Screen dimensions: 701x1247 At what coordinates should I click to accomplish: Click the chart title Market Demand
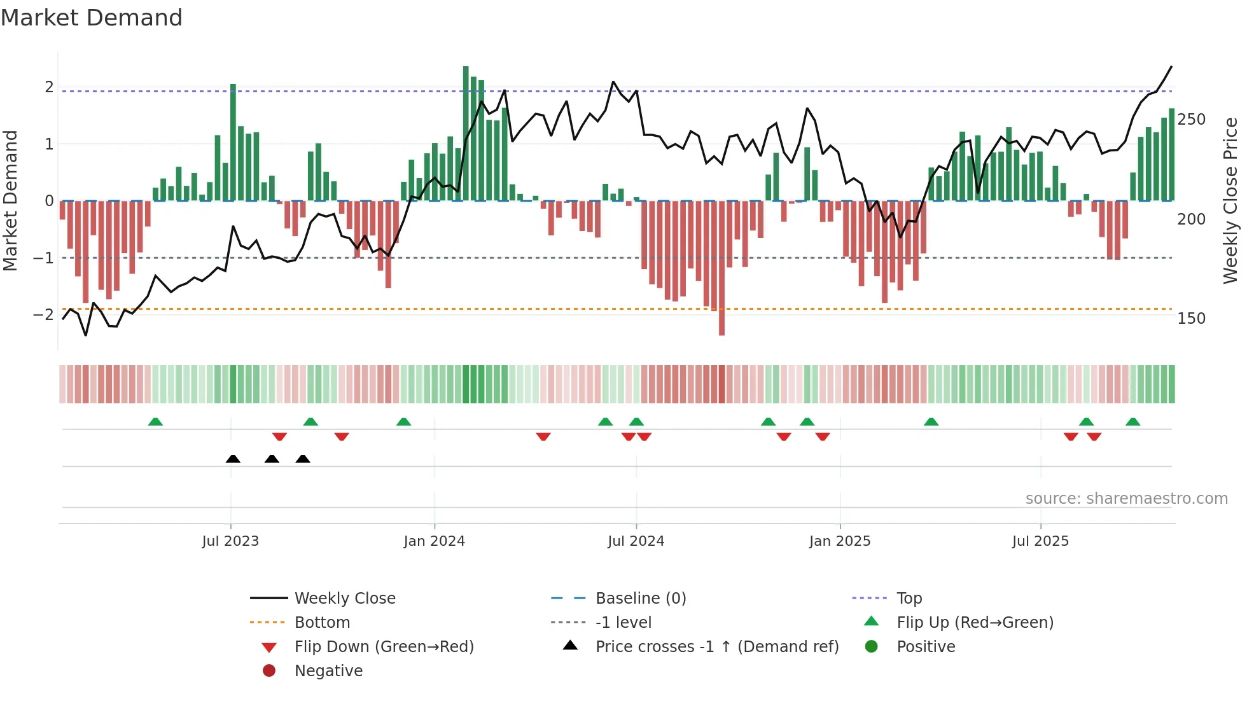tap(92, 17)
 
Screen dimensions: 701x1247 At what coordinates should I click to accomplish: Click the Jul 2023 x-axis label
tap(230, 541)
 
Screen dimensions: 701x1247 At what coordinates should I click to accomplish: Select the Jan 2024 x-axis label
tap(435, 541)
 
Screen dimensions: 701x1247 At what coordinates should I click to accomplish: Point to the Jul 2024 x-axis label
tap(636, 541)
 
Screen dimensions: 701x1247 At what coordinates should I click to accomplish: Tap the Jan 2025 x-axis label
tap(840, 541)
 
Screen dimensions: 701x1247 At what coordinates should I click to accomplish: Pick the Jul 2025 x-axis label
tap(1040, 541)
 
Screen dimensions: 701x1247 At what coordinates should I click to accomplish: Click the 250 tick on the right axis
tap(1191, 120)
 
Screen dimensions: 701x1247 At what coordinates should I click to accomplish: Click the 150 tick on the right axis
tap(1191, 319)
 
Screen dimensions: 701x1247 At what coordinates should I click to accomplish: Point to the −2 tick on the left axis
tap(43, 315)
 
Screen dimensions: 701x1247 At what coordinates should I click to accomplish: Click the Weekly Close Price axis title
tap(1230, 200)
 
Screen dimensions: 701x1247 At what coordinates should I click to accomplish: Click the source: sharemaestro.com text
tap(1126, 499)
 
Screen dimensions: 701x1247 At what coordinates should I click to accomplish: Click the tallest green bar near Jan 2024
tap(466, 134)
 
